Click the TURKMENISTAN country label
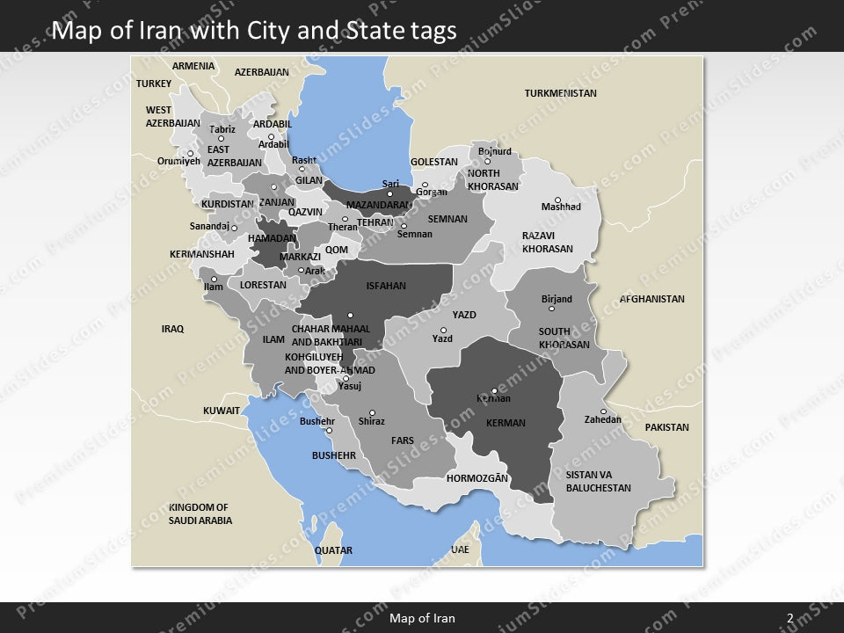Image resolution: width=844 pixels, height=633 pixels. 560,93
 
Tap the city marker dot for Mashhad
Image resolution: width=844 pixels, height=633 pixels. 557,200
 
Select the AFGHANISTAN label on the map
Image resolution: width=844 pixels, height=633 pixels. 651,299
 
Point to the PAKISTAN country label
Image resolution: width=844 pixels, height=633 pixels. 666,427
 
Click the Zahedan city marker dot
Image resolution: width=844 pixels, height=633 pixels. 603,411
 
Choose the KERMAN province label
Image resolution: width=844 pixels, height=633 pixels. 506,423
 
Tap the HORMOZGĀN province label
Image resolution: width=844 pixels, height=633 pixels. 477,478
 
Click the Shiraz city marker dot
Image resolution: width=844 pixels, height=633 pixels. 372,413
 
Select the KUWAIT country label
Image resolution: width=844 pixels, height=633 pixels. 222,411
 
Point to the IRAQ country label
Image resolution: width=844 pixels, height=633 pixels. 172,329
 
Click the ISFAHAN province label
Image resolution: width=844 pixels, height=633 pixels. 386,286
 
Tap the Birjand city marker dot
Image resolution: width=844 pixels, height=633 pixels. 551,309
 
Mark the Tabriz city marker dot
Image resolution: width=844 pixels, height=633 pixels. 222,138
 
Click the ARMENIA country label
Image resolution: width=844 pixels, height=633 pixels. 193,66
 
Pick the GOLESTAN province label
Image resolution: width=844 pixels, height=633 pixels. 434,162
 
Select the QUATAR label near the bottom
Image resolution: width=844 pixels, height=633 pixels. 333,550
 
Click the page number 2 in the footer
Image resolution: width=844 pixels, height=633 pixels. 790,618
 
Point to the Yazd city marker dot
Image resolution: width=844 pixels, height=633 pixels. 442,331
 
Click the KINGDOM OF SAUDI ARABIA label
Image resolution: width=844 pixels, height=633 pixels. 200,513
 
